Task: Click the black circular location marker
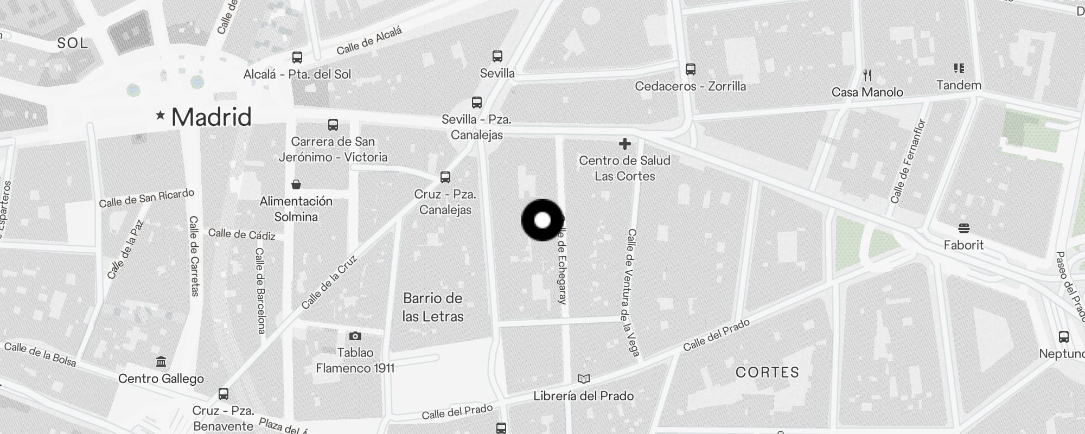click(x=542, y=220)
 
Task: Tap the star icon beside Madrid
click(x=160, y=115)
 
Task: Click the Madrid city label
click(x=212, y=117)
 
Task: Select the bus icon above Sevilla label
click(x=497, y=56)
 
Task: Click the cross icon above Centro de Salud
click(x=625, y=144)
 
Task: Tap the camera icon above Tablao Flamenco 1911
click(x=355, y=336)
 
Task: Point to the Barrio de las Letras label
click(x=433, y=307)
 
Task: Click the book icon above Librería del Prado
click(x=584, y=379)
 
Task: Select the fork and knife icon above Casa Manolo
click(x=867, y=75)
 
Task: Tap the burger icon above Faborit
click(x=964, y=228)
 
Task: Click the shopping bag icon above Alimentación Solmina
click(x=296, y=184)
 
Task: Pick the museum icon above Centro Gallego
click(x=161, y=361)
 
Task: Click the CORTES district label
click(x=768, y=372)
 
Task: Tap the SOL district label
click(x=73, y=43)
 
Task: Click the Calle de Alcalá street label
click(x=369, y=41)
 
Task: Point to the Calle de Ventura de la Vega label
click(x=633, y=292)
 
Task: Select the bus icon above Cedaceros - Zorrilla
click(x=691, y=69)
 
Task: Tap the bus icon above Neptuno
click(x=1064, y=336)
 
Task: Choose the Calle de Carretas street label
click(x=194, y=256)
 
